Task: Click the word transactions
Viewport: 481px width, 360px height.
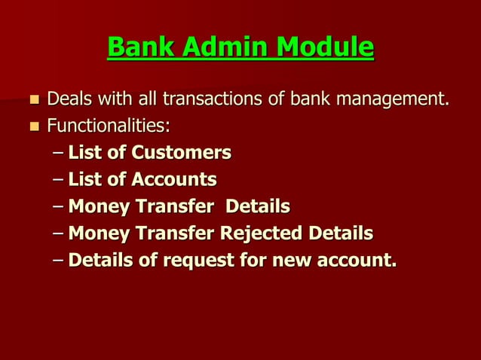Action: [x=206, y=99]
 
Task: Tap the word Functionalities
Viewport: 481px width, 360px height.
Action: [x=109, y=124]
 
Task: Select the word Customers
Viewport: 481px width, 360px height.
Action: [x=181, y=153]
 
